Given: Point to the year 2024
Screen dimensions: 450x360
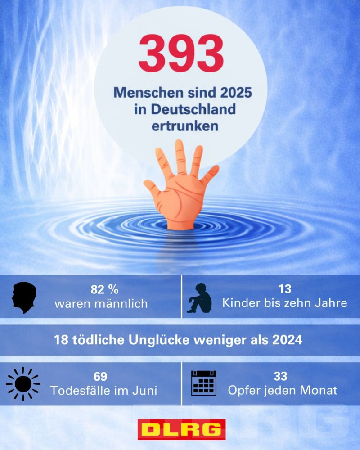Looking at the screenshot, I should [x=287, y=340].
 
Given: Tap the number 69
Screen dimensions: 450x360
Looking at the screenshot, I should [x=100, y=376].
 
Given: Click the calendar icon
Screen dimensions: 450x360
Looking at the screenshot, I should [x=204, y=383].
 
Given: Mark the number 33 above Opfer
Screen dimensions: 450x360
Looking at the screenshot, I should [x=280, y=376].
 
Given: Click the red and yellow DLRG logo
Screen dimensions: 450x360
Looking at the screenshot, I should [x=181, y=429].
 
